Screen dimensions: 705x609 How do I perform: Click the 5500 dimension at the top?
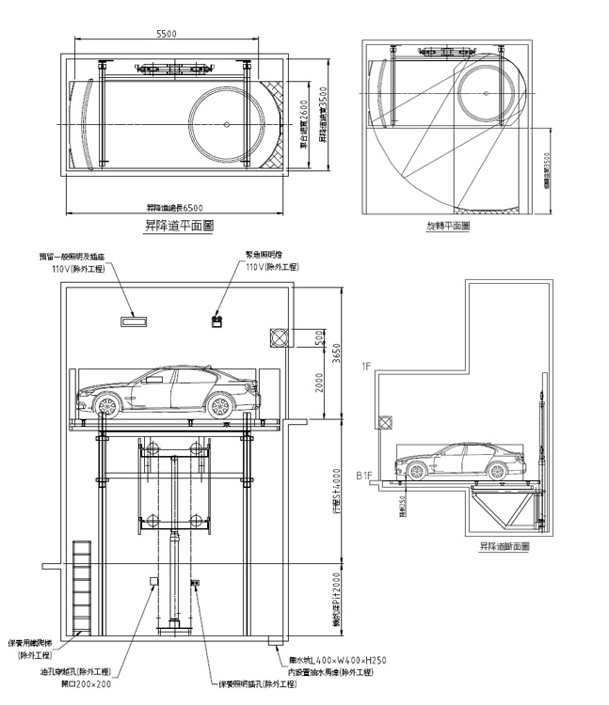(x=166, y=34)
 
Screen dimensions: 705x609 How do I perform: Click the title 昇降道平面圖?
(x=175, y=227)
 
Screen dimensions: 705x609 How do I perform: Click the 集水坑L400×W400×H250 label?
(x=336, y=661)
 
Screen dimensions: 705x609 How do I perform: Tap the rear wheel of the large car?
(x=106, y=406)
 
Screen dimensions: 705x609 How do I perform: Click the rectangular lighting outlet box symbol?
(x=135, y=322)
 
